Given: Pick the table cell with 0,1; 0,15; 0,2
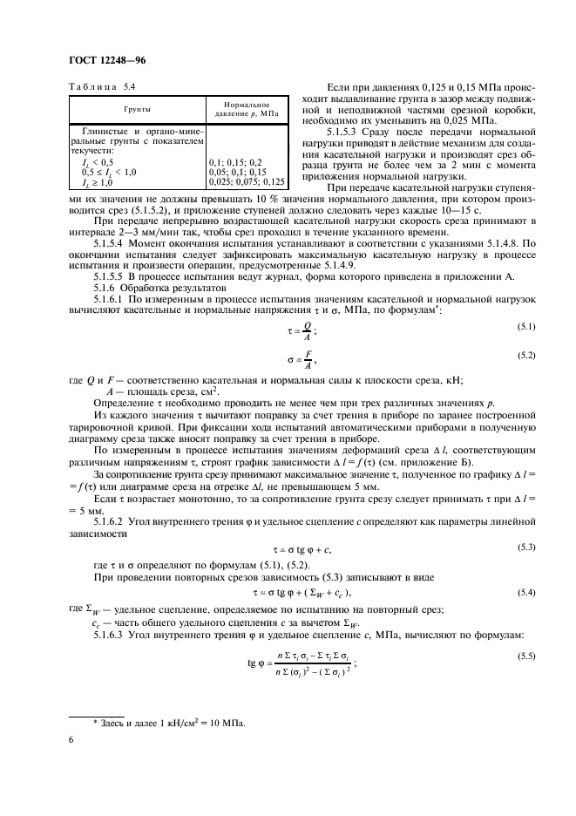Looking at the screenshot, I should [x=236, y=163].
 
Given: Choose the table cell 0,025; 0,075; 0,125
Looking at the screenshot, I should [x=247, y=181].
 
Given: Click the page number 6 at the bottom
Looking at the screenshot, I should [x=71, y=740].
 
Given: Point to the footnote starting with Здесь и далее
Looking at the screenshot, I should [x=170, y=723].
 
